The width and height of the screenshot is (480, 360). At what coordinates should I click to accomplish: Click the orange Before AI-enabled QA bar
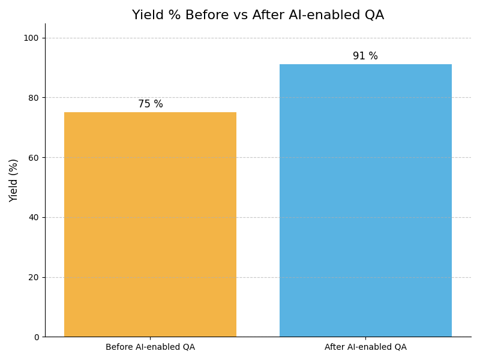(150, 224)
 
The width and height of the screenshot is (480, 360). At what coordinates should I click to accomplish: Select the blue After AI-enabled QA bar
(365, 200)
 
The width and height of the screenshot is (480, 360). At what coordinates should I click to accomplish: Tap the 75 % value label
(151, 104)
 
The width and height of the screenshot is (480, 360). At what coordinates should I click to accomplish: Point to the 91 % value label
(365, 56)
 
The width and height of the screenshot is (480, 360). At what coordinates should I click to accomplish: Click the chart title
(258, 16)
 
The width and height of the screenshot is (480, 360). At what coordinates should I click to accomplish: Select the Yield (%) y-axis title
(14, 180)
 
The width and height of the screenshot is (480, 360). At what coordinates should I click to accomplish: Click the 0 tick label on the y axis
(35, 337)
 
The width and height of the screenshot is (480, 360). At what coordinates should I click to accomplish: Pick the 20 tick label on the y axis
(33, 277)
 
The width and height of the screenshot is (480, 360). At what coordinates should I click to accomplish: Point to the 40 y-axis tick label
(33, 217)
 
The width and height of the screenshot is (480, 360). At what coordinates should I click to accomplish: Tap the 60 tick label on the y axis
(33, 157)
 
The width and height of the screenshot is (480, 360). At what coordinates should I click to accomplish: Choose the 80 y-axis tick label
(33, 98)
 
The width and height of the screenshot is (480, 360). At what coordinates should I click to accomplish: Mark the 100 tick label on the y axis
(31, 38)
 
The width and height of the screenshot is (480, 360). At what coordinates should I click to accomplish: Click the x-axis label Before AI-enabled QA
(150, 347)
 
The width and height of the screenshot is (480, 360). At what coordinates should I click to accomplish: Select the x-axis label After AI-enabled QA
(365, 347)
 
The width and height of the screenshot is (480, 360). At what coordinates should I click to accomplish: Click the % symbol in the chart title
(171, 16)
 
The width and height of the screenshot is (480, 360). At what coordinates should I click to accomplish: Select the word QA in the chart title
(373, 16)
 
